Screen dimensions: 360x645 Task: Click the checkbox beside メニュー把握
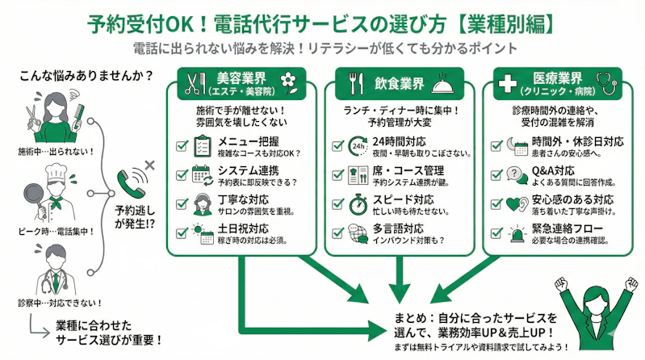pos(182,147)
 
